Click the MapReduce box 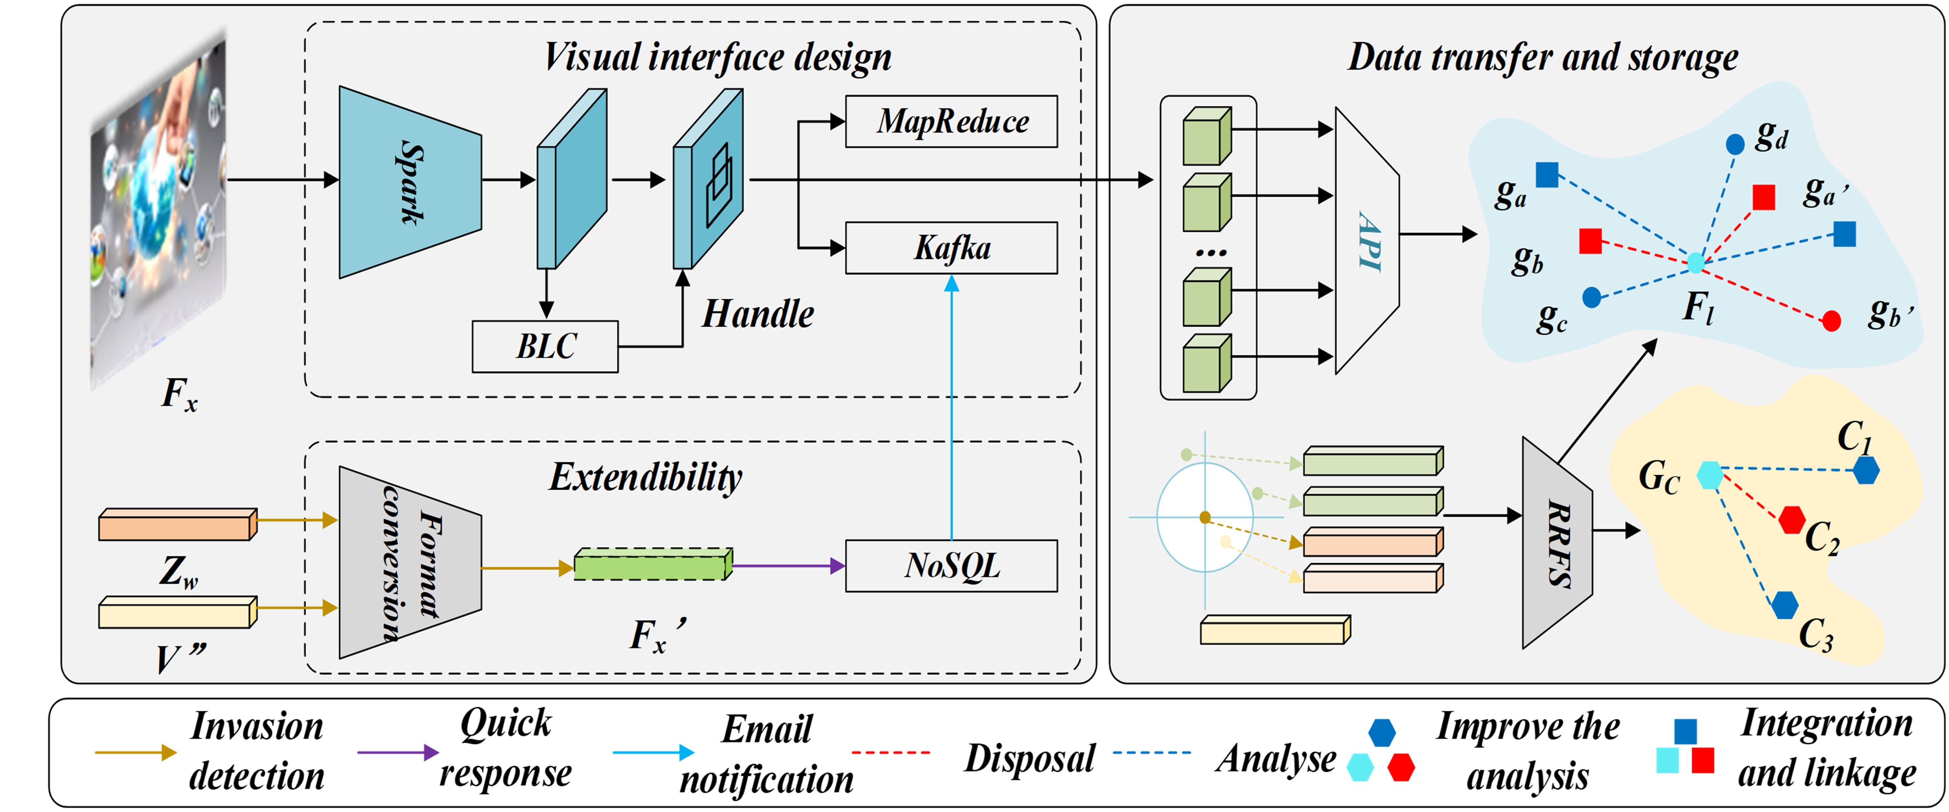[x=951, y=121]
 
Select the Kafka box [x=951, y=248]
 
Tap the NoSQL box [x=951, y=565]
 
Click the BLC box [x=545, y=347]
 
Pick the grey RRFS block [x=1557, y=543]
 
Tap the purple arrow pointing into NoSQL [x=787, y=565]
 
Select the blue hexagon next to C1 [x=1866, y=471]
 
